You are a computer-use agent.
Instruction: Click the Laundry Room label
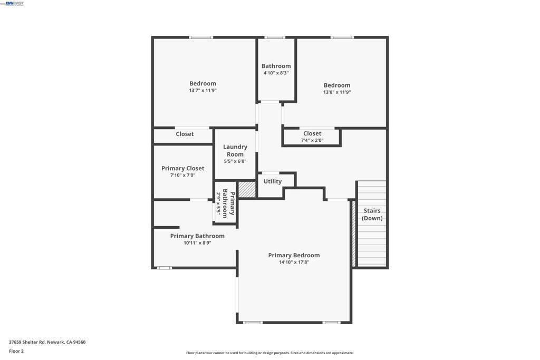[x=235, y=150]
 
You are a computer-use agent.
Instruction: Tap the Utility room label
[x=273, y=181]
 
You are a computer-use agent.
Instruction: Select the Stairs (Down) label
[x=372, y=214]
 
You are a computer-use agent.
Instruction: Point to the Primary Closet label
[x=183, y=168]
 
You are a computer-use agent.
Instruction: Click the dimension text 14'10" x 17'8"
[x=294, y=262]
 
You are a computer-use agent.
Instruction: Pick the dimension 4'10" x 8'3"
[x=276, y=73]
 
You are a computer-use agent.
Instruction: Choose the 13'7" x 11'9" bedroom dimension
[x=202, y=90]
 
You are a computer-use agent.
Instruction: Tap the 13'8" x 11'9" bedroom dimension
[x=337, y=92]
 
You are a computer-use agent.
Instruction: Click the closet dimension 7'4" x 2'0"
[x=312, y=140]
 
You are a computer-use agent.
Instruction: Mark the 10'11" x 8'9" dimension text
[x=197, y=242]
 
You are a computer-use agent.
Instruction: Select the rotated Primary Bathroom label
[x=228, y=203]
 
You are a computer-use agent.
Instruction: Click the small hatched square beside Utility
[x=247, y=190]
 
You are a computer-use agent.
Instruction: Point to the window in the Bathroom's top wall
[x=275, y=37]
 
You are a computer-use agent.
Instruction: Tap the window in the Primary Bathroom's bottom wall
[x=165, y=268]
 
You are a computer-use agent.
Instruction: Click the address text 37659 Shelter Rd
[x=27, y=342]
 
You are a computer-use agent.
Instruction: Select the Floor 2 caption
[x=16, y=351]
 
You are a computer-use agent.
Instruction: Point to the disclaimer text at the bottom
[x=269, y=353]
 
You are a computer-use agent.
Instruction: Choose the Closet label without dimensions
[x=185, y=134]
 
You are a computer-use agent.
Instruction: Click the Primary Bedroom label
[x=294, y=255]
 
